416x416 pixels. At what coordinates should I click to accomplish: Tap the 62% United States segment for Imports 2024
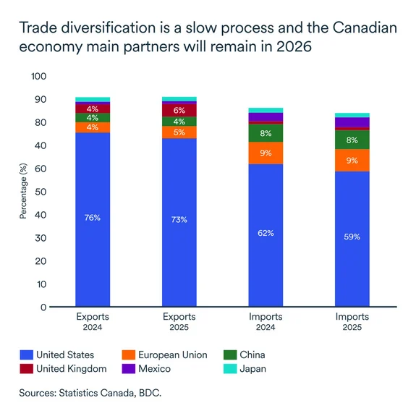266,235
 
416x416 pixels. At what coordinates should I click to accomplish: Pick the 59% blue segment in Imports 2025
352,239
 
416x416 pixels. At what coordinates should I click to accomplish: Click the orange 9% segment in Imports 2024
266,153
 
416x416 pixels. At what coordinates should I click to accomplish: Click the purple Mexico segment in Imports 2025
352,122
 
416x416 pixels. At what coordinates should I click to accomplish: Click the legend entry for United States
57,355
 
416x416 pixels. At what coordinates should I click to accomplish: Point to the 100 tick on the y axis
38,76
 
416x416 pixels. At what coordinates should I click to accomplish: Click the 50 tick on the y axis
41,192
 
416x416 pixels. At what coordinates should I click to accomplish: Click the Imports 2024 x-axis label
266,321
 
